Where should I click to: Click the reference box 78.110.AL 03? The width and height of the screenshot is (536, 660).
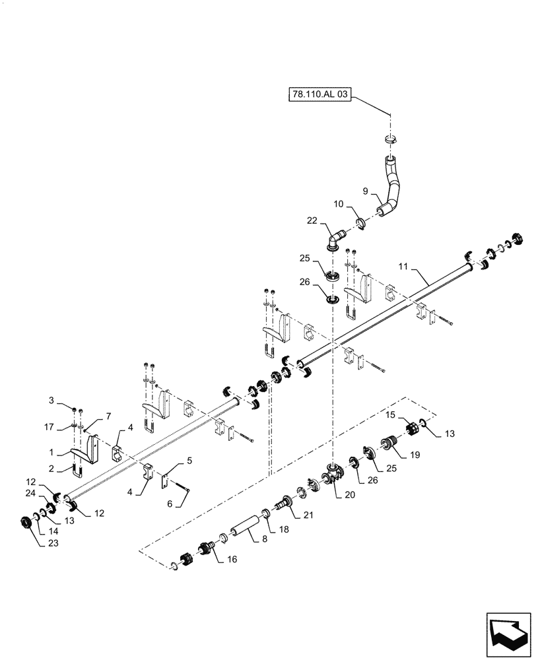(x=319, y=95)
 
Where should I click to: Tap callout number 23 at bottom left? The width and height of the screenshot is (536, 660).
(x=34, y=544)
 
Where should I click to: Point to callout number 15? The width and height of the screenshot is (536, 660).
(x=390, y=414)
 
